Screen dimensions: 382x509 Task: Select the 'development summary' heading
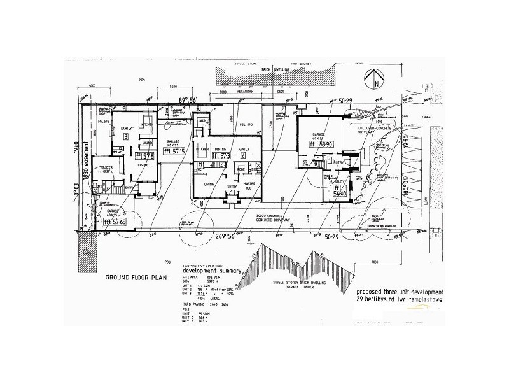coord(211,271)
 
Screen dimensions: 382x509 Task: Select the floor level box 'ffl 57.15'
coord(173,151)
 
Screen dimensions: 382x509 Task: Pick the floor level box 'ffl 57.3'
coord(220,155)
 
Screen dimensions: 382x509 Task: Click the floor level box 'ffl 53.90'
coord(317,144)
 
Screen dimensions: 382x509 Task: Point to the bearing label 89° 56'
coord(190,99)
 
